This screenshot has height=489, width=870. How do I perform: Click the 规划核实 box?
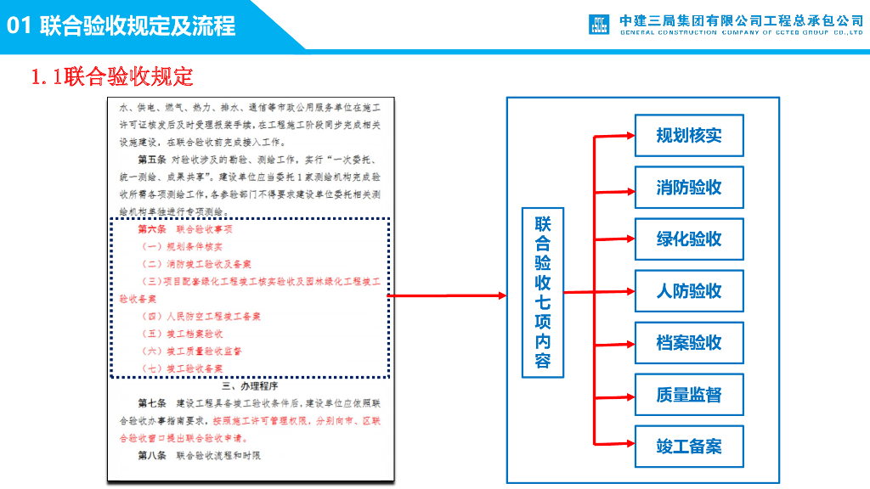tap(689, 136)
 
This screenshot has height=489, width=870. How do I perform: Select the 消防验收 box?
tap(689, 188)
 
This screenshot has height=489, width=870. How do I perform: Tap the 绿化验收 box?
tap(689, 239)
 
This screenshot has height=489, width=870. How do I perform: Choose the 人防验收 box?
tap(689, 291)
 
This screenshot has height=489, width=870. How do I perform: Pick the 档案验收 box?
tap(689, 343)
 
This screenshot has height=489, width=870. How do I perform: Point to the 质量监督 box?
tap(689, 395)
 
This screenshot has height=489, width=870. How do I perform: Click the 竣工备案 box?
tap(689, 447)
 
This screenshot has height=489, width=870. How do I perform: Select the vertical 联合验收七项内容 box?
tap(543, 292)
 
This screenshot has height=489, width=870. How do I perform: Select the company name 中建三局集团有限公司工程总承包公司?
tap(741, 20)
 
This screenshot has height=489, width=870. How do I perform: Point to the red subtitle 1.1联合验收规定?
tap(112, 77)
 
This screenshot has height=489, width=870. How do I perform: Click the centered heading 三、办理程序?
tap(249, 385)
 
